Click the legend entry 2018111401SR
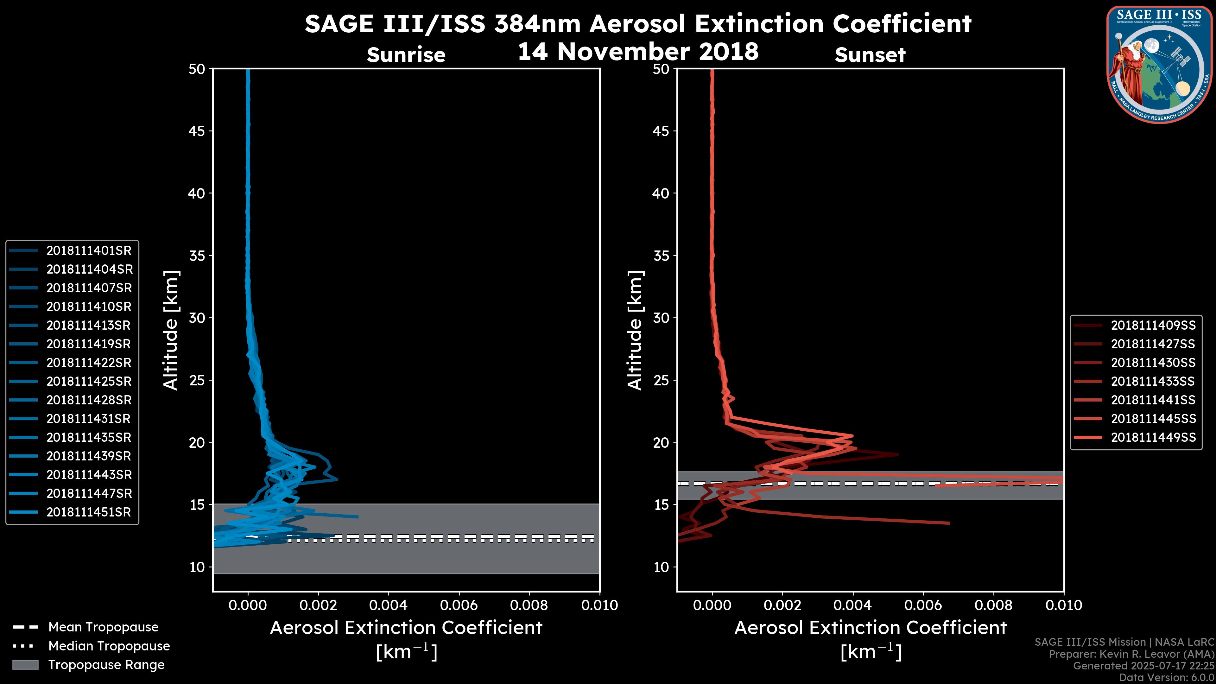click(x=89, y=251)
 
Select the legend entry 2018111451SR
click(x=88, y=512)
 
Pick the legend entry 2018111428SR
click(x=89, y=400)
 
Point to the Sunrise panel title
click(x=406, y=55)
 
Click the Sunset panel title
click(x=870, y=55)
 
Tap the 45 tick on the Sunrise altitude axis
click(x=197, y=131)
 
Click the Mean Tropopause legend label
click(x=103, y=627)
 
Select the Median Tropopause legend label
click(x=109, y=646)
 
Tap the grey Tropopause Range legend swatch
click(x=25, y=665)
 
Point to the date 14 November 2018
click(x=638, y=52)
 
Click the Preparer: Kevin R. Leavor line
click(x=1131, y=654)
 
